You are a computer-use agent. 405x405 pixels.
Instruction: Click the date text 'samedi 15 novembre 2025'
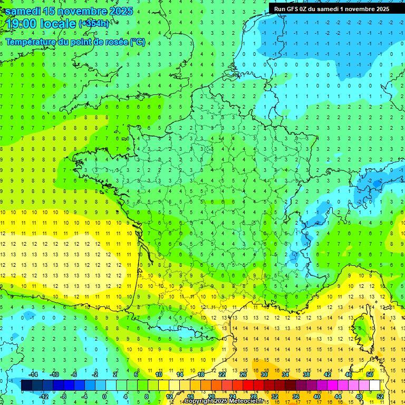point(69,11)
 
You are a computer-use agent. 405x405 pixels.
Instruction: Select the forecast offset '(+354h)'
point(94,23)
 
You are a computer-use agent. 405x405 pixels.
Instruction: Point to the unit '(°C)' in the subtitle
point(138,42)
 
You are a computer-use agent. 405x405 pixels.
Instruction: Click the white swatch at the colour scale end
point(374,385)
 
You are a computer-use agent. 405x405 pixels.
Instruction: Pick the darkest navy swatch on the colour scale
point(26,385)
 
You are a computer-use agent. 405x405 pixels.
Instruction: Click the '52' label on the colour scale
point(380,397)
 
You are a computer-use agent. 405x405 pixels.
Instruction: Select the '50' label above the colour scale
point(369,374)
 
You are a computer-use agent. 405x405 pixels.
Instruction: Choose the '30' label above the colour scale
point(264,374)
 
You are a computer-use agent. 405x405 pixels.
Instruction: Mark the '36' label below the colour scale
point(296,397)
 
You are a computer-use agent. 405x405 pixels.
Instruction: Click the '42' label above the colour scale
point(327,374)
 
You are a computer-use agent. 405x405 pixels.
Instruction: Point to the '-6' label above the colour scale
point(74,374)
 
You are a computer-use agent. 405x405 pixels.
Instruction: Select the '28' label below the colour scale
point(254,397)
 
